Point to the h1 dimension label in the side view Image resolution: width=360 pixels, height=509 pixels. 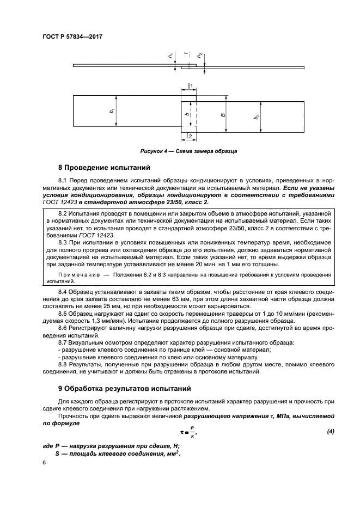(x=170, y=55)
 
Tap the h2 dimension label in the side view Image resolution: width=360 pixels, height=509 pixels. (x=200, y=56)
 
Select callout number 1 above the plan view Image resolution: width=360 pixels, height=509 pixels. (x=192, y=86)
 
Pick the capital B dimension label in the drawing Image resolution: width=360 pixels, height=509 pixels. (x=222, y=115)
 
